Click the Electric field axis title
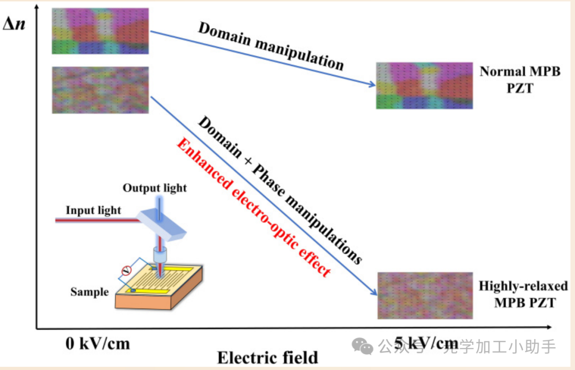coord(267,357)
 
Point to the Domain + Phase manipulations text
coord(280,189)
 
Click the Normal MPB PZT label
coord(520,79)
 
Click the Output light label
coord(155,188)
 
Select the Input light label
coord(93,210)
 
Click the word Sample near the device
coord(89,291)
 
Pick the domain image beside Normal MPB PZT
coord(424,86)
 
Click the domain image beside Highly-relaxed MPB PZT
coord(425,295)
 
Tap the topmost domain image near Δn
coord(100,31)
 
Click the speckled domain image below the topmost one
coord(100,90)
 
